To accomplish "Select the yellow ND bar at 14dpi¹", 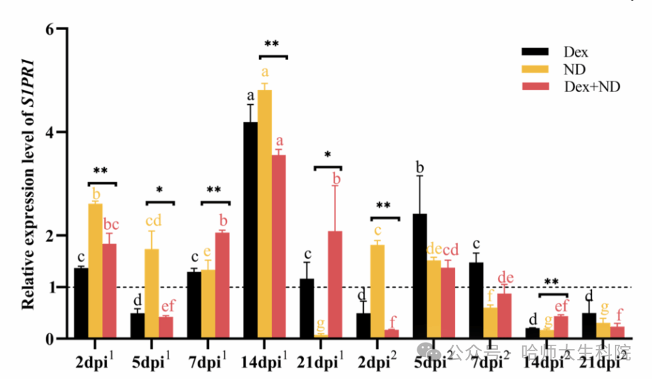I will tap(265, 214).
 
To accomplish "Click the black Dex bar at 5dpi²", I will tap(419, 276).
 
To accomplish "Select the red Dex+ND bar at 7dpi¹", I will tap(222, 285).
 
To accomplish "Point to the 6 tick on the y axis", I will tap(50, 30).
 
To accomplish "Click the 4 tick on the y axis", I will tap(50, 133).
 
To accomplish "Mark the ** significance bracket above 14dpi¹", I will tap(272, 55).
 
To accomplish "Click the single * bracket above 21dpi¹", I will tap(327, 167).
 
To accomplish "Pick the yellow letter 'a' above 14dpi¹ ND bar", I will tap(265, 72).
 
